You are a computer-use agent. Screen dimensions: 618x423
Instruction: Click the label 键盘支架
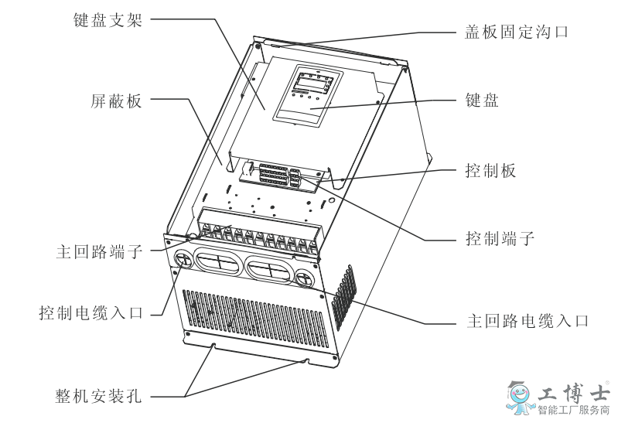click(108, 20)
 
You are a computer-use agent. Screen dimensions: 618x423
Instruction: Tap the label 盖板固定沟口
click(517, 32)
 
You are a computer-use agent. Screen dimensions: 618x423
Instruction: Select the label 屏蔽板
click(116, 101)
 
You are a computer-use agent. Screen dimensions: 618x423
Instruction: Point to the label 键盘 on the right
click(482, 100)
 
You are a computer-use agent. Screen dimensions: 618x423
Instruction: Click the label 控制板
click(490, 171)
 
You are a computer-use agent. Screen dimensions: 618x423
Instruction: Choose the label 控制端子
click(500, 238)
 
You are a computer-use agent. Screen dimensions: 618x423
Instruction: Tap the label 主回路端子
click(99, 251)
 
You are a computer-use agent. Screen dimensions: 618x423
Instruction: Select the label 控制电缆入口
click(90, 313)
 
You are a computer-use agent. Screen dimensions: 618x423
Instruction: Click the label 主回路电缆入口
click(528, 321)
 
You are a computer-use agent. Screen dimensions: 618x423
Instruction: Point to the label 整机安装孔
click(98, 395)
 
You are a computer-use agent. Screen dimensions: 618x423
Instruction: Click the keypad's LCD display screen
click(314, 84)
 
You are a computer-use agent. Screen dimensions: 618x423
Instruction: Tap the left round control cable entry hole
click(182, 258)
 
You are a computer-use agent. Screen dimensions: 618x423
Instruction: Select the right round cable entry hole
click(305, 278)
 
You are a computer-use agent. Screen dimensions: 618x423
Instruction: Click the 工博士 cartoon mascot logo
click(520, 397)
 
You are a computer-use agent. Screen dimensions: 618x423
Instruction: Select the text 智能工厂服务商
click(573, 410)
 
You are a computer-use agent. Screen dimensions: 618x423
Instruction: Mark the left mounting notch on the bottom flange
click(213, 346)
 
